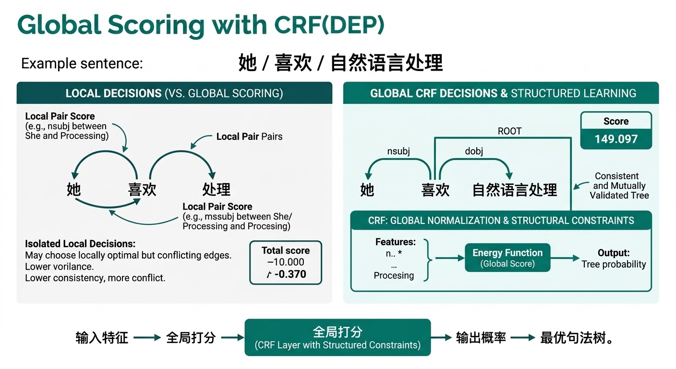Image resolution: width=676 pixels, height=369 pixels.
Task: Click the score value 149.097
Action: tap(616, 139)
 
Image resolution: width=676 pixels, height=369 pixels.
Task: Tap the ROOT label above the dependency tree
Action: tap(509, 131)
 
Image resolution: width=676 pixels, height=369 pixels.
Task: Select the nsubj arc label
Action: tap(398, 151)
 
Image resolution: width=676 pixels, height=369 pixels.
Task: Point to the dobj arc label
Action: tap(473, 151)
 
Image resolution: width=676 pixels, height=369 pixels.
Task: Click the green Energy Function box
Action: tap(507, 258)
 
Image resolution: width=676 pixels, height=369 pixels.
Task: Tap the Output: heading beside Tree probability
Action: tap(613, 253)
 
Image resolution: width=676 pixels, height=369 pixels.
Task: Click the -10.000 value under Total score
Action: tap(286, 262)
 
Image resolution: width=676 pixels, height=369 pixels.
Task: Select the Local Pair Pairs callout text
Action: tap(249, 136)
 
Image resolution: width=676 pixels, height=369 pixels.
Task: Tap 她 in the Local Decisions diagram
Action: tap(73, 189)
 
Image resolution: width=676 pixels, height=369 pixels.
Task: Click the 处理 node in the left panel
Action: tap(216, 189)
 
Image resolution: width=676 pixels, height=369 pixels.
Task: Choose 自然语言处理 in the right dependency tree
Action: tap(515, 190)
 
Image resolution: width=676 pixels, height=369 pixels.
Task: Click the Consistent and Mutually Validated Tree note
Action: tap(619, 186)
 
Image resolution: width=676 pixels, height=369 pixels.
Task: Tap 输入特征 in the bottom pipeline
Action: tap(102, 338)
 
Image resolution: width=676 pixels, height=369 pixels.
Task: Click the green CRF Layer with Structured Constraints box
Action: tap(338, 338)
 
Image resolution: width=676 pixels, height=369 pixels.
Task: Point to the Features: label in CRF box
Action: tap(396, 242)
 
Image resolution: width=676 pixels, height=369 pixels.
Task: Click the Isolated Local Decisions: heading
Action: tap(80, 244)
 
